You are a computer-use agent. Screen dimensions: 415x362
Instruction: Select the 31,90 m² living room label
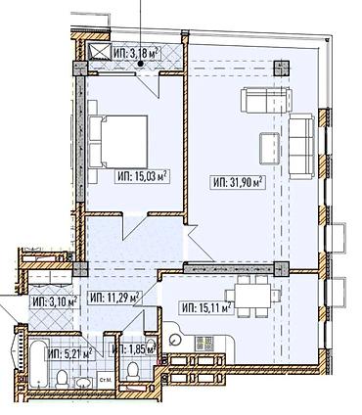pos(239,181)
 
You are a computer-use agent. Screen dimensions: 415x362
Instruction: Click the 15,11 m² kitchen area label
pos(205,307)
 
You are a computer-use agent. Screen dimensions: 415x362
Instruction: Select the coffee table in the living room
pos(267,145)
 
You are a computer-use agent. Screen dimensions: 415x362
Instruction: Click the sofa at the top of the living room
pos(259,101)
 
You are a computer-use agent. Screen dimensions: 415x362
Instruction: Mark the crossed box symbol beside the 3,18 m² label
pos(98,53)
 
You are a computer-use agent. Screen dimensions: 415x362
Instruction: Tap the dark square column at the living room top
pos(281,69)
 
